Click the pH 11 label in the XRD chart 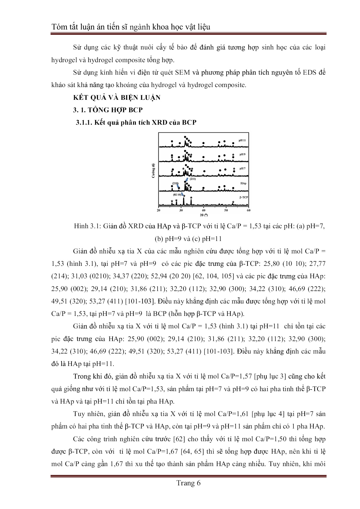(x=242, y=140)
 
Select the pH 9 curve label (x=242, y=154)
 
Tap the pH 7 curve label (x=242, y=168)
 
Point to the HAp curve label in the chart (x=243, y=183)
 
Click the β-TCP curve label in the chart (x=242, y=197)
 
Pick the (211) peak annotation (x=192, y=179)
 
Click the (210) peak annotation (x=176, y=183)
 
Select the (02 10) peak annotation (x=177, y=194)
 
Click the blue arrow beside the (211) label (x=187, y=180)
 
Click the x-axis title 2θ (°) (x=204, y=215)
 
